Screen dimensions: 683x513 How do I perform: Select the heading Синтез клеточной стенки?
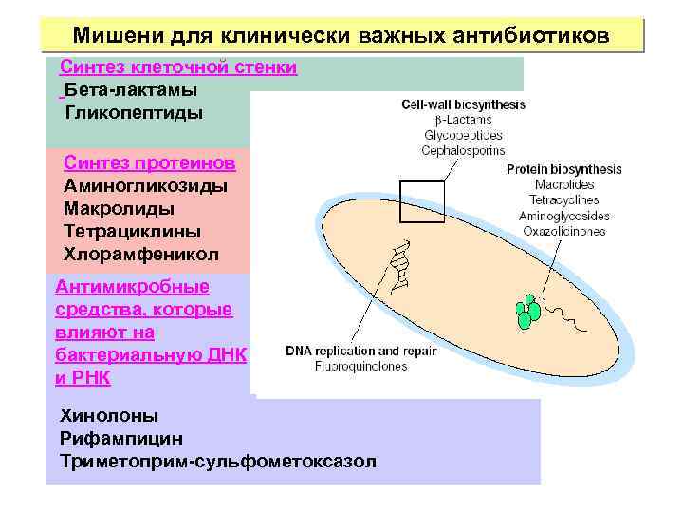178,67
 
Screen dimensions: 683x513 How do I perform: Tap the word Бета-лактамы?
131,90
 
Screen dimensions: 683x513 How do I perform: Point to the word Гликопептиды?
134,113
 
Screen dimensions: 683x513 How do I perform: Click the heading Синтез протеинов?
150,162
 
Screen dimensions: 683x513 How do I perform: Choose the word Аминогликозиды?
145,185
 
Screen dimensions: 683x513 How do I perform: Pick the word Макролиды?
119,208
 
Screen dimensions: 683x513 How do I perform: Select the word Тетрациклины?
132,231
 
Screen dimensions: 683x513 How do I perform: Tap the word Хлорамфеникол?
140,255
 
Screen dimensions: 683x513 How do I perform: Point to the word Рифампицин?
121,439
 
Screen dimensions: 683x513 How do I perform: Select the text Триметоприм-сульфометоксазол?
217,462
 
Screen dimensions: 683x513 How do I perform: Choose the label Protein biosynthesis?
563,170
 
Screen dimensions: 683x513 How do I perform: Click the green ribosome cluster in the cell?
527,311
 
